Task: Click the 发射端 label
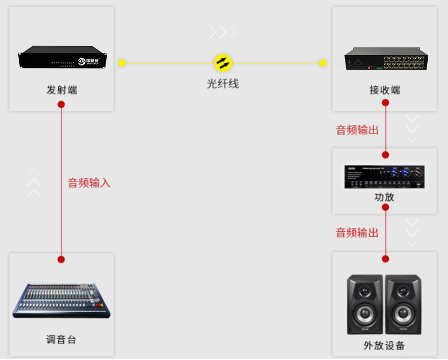pyautogui.click(x=61, y=90)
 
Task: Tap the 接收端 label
pyautogui.click(x=385, y=90)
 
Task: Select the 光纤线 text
pyautogui.click(x=223, y=83)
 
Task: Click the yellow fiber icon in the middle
pyautogui.click(x=223, y=63)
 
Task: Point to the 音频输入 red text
pyautogui.click(x=89, y=183)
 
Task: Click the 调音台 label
pyautogui.click(x=61, y=340)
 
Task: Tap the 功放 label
pyautogui.click(x=385, y=197)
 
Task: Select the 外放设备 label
pyautogui.click(x=385, y=345)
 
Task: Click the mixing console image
pyautogui.click(x=61, y=301)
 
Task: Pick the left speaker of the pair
pyautogui.click(x=365, y=305)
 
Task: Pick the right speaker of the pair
pyautogui.click(x=403, y=305)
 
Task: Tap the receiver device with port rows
pyautogui.click(x=386, y=60)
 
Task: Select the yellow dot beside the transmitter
pyautogui.click(x=122, y=63)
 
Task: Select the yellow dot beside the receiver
pyautogui.click(x=323, y=63)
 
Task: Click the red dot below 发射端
pyautogui.click(x=61, y=105)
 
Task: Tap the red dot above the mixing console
pyautogui.click(x=61, y=259)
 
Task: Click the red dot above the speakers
pyautogui.click(x=386, y=259)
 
